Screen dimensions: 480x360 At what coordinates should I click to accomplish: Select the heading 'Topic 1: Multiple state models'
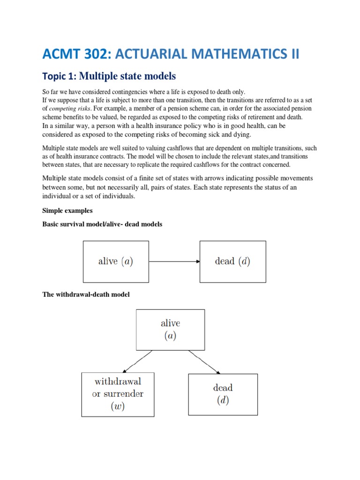click(x=109, y=76)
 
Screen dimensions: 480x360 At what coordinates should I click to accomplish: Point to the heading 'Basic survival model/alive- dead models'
click(x=102, y=224)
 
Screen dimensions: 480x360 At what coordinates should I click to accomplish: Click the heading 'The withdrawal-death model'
click(x=86, y=294)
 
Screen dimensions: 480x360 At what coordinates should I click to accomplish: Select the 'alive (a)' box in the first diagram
click(x=116, y=262)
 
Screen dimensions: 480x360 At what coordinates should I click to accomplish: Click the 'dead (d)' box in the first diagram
click(x=232, y=262)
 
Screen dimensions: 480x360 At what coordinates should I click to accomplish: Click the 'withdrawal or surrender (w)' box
click(x=117, y=394)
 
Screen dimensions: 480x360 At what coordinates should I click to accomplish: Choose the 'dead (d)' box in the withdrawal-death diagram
click(x=223, y=394)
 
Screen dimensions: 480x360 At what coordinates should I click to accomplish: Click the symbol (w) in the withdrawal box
click(x=117, y=406)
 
